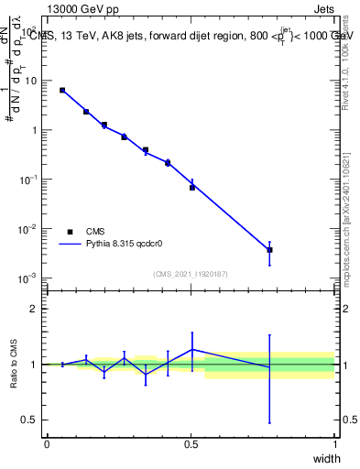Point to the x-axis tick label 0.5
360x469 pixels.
pyautogui.click(x=191, y=443)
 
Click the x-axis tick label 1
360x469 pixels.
pyautogui.click(x=334, y=443)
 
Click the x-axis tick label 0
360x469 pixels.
pyautogui.click(x=47, y=443)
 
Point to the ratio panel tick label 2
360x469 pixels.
pyautogui.click(x=33, y=309)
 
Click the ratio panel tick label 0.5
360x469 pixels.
pyautogui.click(x=29, y=420)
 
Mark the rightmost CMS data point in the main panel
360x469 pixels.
pyautogui.click(x=269, y=249)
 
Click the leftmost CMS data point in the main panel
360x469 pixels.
pyautogui.click(x=62, y=90)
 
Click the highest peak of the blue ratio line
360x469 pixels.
pyautogui.click(x=192, y=349)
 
